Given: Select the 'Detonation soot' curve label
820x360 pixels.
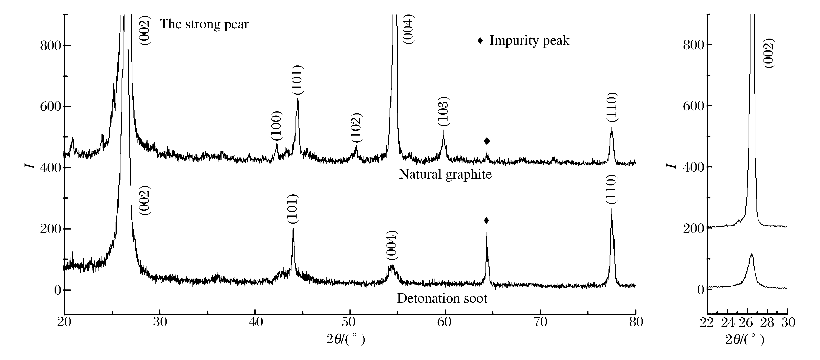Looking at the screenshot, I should point(442,298).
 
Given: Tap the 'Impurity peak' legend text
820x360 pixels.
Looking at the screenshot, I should point(529,41).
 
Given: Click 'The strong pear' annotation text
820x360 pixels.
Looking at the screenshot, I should point(204,24).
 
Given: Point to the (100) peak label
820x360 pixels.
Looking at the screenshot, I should point(277,126).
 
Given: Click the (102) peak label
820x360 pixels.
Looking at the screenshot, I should point(356,128).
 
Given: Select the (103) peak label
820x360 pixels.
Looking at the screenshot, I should point(443,111).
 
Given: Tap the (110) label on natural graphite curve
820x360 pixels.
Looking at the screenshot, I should point(611,107).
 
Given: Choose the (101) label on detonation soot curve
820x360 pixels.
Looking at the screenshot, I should point(292,209).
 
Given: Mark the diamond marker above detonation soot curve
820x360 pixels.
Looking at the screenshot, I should point(486,220).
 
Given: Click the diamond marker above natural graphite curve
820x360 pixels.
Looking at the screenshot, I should point(487,141).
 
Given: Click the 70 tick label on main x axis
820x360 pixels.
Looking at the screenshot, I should point(540,322).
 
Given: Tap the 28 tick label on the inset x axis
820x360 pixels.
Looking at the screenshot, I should point(767,323).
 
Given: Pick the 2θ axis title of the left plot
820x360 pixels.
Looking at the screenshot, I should point(345,340).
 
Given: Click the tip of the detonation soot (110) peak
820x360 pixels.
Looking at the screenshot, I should point(611,209).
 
